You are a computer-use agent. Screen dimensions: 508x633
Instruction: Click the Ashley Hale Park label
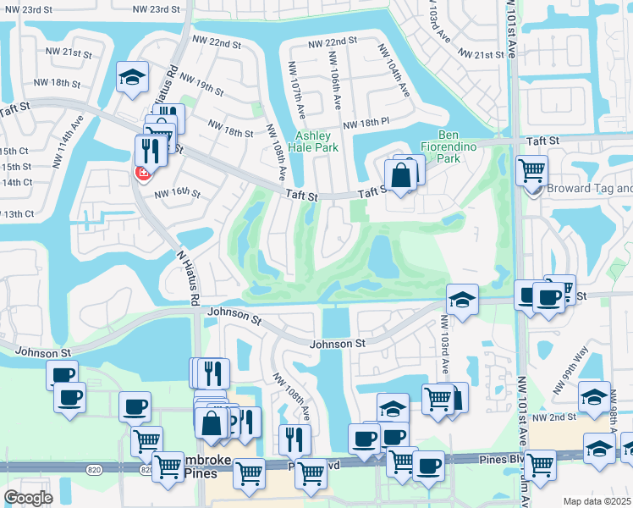tap(317, 141)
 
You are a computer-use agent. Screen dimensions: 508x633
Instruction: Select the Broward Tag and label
tap(589, 189)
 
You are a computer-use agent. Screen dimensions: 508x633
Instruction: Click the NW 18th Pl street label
tap(366, 123)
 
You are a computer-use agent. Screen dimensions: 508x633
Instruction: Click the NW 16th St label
tap(177, 194)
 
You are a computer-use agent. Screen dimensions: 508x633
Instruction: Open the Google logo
tap(28, 498)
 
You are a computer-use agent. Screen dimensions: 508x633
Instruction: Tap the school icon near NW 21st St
tap(132, 77)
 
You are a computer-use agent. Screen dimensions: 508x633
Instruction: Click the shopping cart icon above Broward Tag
tap(531, 170)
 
